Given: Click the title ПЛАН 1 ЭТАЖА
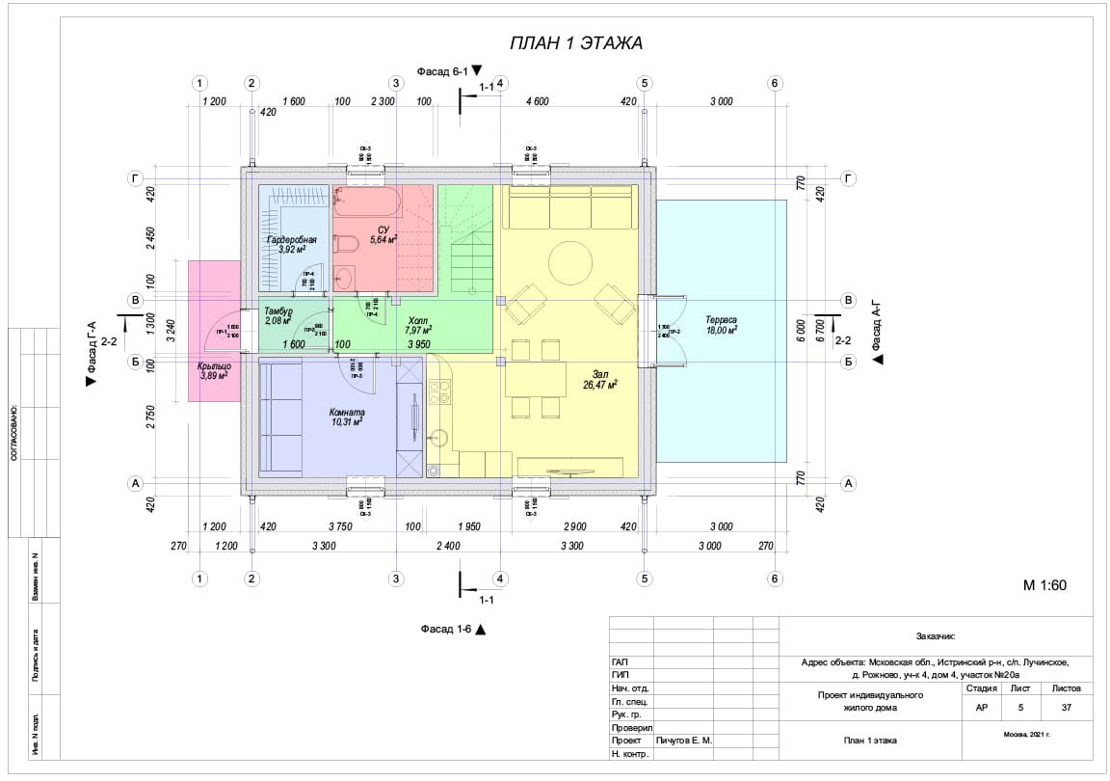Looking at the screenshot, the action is [575, 42].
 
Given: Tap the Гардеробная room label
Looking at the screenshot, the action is [291, 238].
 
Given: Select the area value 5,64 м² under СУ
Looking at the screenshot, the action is [383, 240].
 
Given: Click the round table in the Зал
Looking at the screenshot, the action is [571, 261].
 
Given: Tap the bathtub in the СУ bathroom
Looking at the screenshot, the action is [367, 203].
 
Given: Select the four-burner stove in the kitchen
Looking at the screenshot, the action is [439, 392].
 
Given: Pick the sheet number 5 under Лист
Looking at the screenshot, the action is [1020, 706].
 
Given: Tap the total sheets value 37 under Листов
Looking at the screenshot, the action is [1066, 706].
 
